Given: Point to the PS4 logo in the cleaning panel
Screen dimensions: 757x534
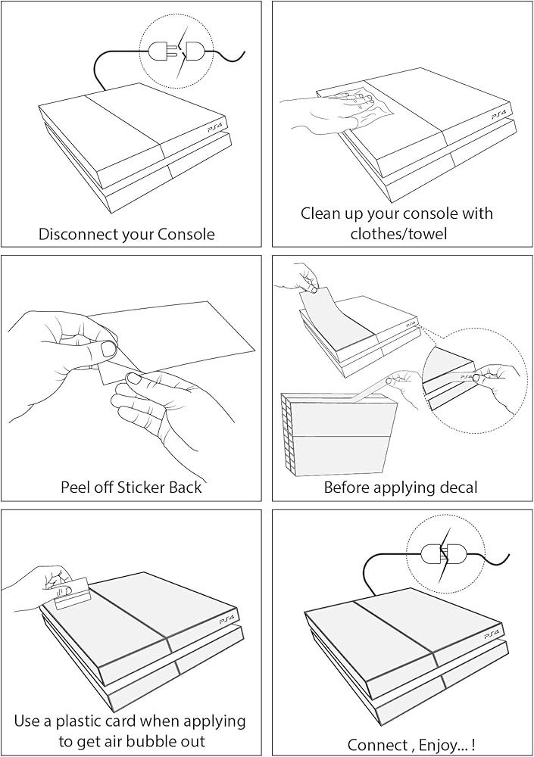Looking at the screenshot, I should (x=499, y=114).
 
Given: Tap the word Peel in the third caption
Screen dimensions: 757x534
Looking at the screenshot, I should (x=77, y=487).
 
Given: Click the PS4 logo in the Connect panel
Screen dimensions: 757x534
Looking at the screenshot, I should (x=492, y=631).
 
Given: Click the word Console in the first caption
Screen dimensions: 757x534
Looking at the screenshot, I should (x=186, y=234).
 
